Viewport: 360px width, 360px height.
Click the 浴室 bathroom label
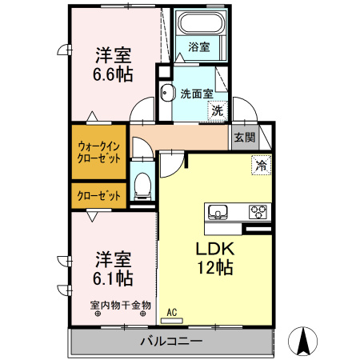click(x=199, y=47)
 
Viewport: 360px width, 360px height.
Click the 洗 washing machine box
click(x=218, y=111)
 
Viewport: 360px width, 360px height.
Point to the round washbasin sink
click(x=166, y=93)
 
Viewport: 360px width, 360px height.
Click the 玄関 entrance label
click(x=245, y=137)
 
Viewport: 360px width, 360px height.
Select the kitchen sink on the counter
click(x=218, y=212)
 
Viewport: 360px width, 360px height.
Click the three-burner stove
click(x=258, y=212)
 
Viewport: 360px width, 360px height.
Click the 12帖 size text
click(x=214, y=268)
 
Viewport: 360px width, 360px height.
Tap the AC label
click(x=171, y=313)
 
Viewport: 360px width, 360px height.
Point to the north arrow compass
click(x=304, y=342)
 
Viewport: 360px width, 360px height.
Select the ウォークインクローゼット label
click(x=99, y=152)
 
